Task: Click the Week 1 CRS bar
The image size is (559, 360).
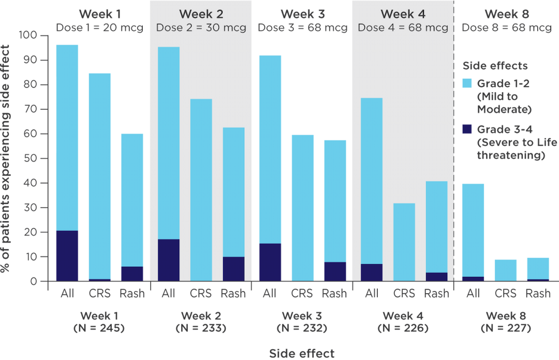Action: click(99, 177)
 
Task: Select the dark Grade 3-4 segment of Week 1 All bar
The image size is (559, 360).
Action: click(67, 256)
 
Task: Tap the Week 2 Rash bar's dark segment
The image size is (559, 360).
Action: click(233, 269)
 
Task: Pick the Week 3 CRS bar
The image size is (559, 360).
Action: click(303, 208)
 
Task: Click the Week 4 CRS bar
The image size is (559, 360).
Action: click(404, 242)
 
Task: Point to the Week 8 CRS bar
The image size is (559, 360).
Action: click(506, 270)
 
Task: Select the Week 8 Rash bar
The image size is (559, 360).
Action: click(538, 269)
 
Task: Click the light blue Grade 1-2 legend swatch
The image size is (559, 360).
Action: click(467, 83)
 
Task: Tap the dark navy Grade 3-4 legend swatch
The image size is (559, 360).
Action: click(467, 129)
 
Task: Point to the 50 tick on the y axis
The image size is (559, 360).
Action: click(44, 159)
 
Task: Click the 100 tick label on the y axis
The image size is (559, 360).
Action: click(28, 35)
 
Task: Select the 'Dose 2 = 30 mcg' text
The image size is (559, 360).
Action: click(201, 28)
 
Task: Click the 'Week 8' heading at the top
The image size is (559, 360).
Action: click(507, 14)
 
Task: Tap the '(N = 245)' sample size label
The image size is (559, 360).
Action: click(99, 328)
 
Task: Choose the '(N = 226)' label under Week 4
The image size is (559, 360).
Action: click(403, 328)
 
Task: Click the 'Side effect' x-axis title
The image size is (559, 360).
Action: click(302, 354)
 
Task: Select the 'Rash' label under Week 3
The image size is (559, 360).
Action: click(334, 293)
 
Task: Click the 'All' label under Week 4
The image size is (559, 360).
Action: click(372, 293)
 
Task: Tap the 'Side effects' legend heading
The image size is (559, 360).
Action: click(495, 66)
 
